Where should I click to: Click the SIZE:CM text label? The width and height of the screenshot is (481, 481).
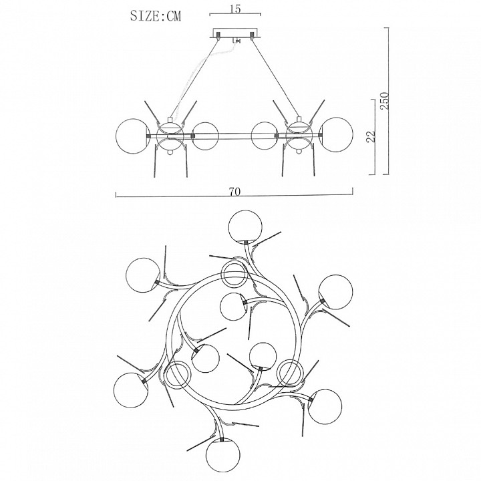(156, 15)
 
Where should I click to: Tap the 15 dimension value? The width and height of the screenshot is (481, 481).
(235, 9)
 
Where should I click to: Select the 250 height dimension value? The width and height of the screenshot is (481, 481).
(384, 101)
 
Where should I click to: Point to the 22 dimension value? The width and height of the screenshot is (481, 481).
(371, 136)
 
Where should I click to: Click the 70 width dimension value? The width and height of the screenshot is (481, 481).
(234, 192)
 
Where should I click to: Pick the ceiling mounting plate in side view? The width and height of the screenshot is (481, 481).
(235, 33)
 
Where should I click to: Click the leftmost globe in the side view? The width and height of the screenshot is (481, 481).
(132, 135)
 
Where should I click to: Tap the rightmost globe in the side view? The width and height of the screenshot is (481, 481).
(336, 135)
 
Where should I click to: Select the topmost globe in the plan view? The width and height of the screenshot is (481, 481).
(245, 226)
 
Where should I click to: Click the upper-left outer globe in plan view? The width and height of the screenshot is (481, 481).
(143, 275)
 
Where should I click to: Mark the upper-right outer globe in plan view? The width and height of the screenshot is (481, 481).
(336, 292)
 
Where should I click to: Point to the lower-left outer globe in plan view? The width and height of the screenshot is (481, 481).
(131, 390)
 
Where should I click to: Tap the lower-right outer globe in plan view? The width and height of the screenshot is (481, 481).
(325, 406)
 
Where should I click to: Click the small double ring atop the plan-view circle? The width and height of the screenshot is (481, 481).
(234, 275)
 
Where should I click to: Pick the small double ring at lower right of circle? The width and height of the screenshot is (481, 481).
(290, 372)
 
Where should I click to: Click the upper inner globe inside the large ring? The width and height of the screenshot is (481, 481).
(234, 307)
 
